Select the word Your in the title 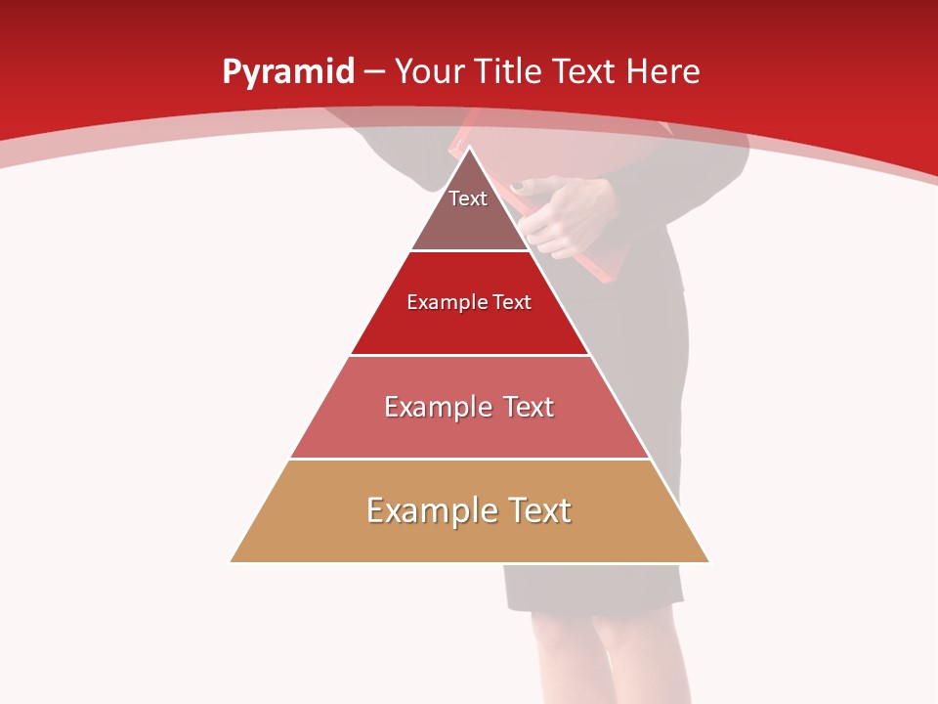[427, 71]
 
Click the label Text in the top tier [468, 198]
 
